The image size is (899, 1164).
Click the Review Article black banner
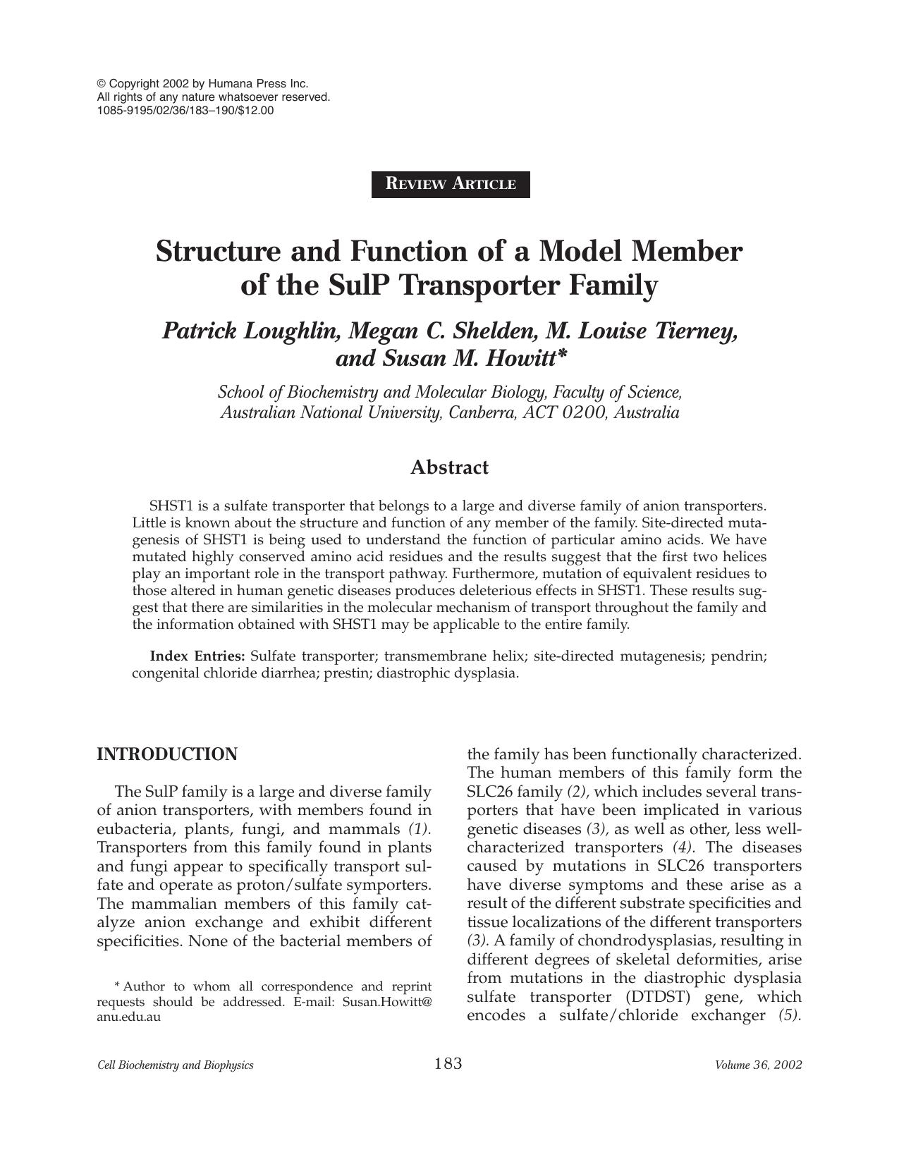click(x=451, y=184)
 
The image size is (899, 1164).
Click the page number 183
click(x=448, y=1063)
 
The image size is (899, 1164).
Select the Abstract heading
click(x=449, y=467)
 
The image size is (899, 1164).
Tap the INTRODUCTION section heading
click(x=166, y=754)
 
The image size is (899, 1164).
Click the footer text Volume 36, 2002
click(x=758, y=1065)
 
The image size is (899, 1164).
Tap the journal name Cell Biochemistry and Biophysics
click(x=175, y=1065)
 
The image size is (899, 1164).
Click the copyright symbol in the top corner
click(x=101, y=83)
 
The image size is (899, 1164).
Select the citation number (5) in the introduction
click(x=790, y=1016)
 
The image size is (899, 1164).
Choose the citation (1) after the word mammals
click(x=420, y=828)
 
